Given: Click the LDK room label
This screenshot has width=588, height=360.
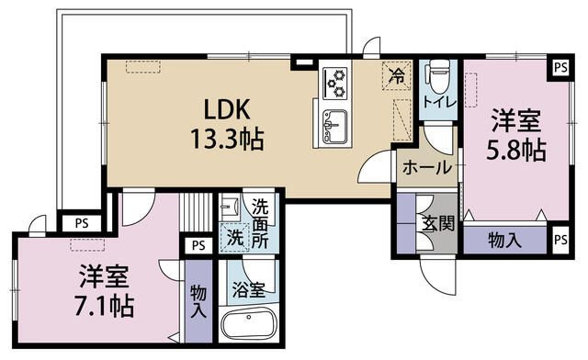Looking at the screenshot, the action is coord(227,109).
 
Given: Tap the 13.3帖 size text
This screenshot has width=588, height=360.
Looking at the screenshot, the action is coord(227,139).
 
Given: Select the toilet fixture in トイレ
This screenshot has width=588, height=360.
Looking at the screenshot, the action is coord(438,76).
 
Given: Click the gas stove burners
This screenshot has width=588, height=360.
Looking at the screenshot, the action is coord(334,83).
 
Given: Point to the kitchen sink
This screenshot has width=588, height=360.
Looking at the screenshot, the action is coord(334,127).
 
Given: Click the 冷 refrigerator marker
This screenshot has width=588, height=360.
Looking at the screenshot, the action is coord(397,76).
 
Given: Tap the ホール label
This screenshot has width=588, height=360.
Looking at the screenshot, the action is coord(426,168).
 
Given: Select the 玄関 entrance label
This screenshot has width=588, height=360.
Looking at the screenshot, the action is coord(438,224).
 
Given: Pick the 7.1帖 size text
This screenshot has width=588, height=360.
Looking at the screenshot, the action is coord(105,307).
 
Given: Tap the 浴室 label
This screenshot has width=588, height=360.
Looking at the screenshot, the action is coord(249,290).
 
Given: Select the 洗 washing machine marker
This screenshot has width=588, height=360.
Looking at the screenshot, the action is coord(235,237).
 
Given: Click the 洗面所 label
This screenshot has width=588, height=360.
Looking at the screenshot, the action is coord(260,223).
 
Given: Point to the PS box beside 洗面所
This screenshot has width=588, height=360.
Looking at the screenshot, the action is coord(198,245).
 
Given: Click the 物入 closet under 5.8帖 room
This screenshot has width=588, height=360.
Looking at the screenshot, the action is coord(504,240).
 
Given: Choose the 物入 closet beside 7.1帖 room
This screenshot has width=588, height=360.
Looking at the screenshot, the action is coord(198,301).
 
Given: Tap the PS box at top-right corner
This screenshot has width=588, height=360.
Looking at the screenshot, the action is coord(560,68).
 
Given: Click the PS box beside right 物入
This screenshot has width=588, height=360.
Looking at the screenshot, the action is coord(560,240).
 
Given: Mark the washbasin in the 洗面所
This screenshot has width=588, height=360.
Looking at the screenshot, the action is coord(229,206).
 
